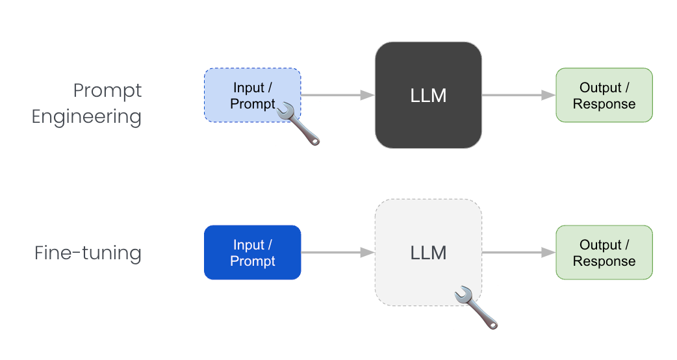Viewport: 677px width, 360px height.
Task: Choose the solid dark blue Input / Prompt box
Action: (x=252, y=253)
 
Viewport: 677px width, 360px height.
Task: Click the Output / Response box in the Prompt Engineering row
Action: (x=604, y=96)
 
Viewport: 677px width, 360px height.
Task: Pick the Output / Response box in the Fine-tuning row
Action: (x=604, y=253)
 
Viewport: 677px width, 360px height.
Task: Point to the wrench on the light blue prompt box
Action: (x=299, y=123)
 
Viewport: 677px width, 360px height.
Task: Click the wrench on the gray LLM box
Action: (x=476, y=307)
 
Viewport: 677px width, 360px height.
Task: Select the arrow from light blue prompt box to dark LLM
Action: (x=338, y=96)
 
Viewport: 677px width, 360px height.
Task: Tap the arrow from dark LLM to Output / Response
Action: (x=518, y=96)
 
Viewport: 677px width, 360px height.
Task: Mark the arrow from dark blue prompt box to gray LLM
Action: (x=338, y=253)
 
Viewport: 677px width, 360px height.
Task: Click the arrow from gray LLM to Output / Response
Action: (x=518, y=253)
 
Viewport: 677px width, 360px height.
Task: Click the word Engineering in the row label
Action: (x=87, y=117)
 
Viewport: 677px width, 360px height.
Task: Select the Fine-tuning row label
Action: (x=88, y=252)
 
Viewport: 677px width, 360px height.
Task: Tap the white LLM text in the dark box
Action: (x=428, y=96)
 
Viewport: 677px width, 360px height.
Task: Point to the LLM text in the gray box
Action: (x=428, y=253)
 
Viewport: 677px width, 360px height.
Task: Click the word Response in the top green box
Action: (x=604, y=104)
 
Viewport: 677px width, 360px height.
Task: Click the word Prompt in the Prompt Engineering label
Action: (x=107, y=90)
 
